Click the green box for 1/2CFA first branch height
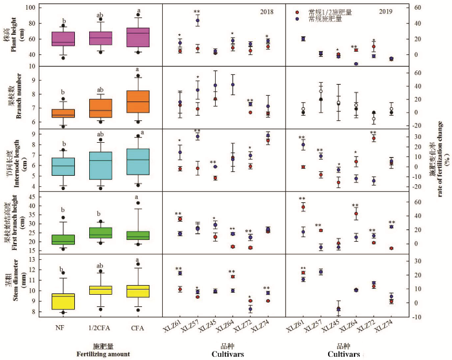pos(101,233)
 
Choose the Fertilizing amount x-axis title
pos(101,354)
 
